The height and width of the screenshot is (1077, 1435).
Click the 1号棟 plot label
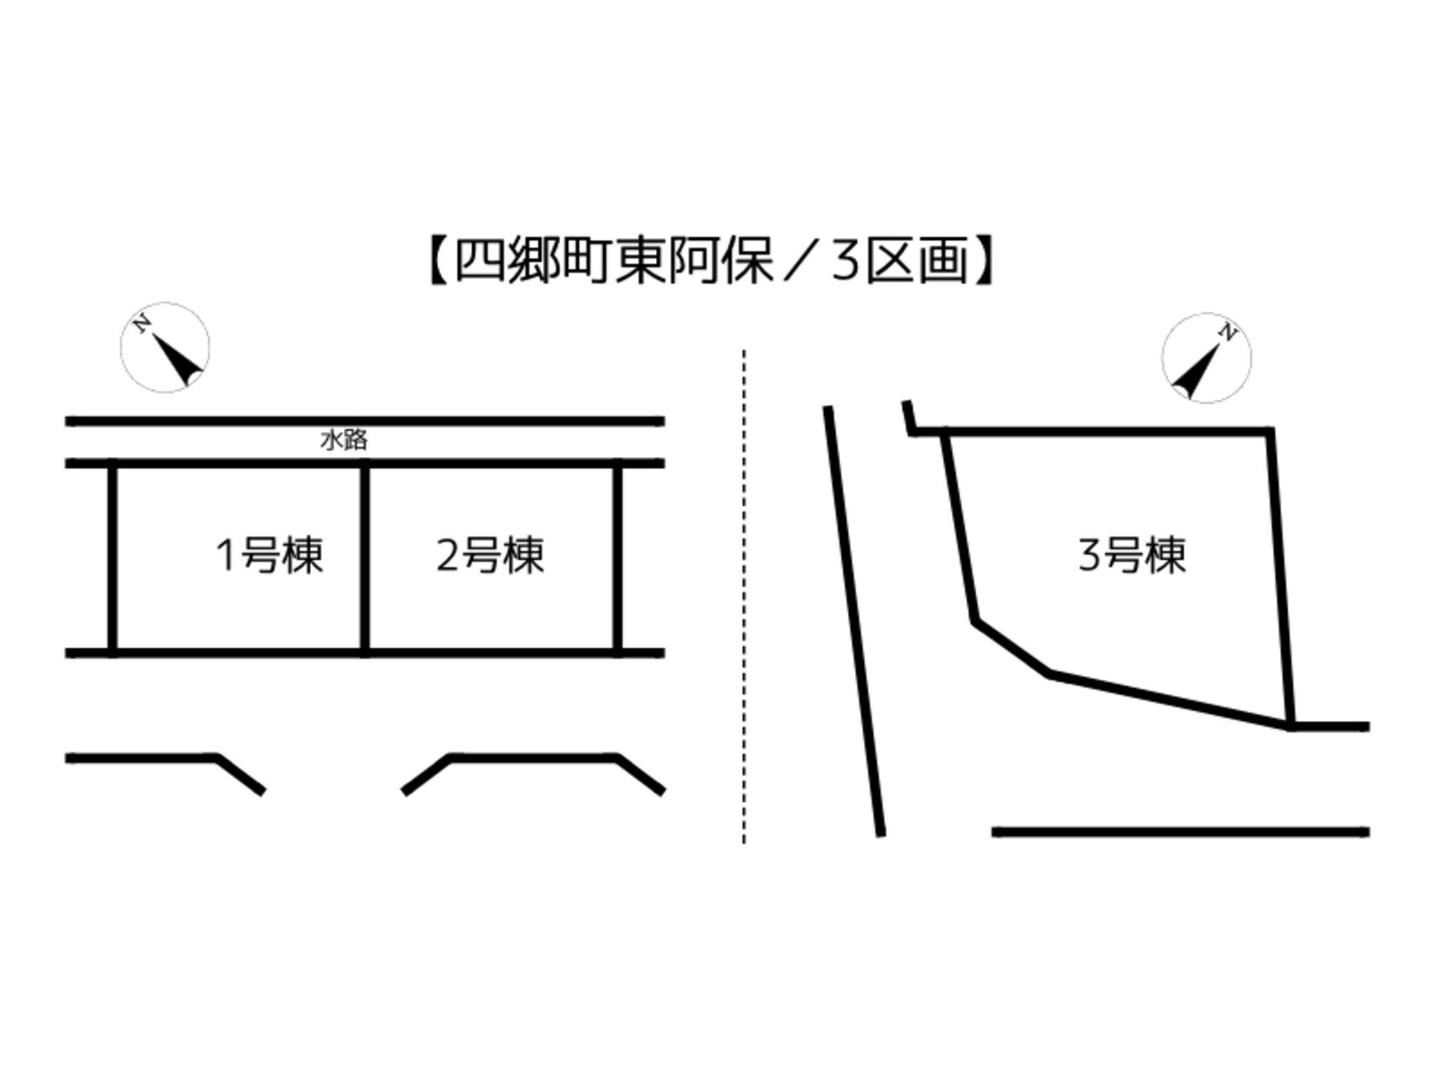(270, 555)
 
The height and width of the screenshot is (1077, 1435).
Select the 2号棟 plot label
(490, 555)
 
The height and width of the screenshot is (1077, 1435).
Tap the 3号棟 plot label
(1132, 555)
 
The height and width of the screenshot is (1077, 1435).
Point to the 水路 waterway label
(343, 440)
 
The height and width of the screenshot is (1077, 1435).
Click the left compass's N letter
(143, 323)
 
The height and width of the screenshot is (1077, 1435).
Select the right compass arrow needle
(1195, 370)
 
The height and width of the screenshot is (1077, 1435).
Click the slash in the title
(802, 260)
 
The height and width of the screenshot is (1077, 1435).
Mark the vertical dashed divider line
(744, 596)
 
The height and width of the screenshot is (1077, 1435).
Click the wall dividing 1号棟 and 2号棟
(364, 558)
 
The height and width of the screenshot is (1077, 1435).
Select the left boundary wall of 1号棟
(112, 558)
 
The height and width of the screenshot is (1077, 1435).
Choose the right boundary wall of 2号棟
(617, 558)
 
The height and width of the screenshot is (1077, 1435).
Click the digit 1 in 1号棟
(226, 555)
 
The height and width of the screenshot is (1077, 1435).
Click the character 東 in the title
(640, 260)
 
